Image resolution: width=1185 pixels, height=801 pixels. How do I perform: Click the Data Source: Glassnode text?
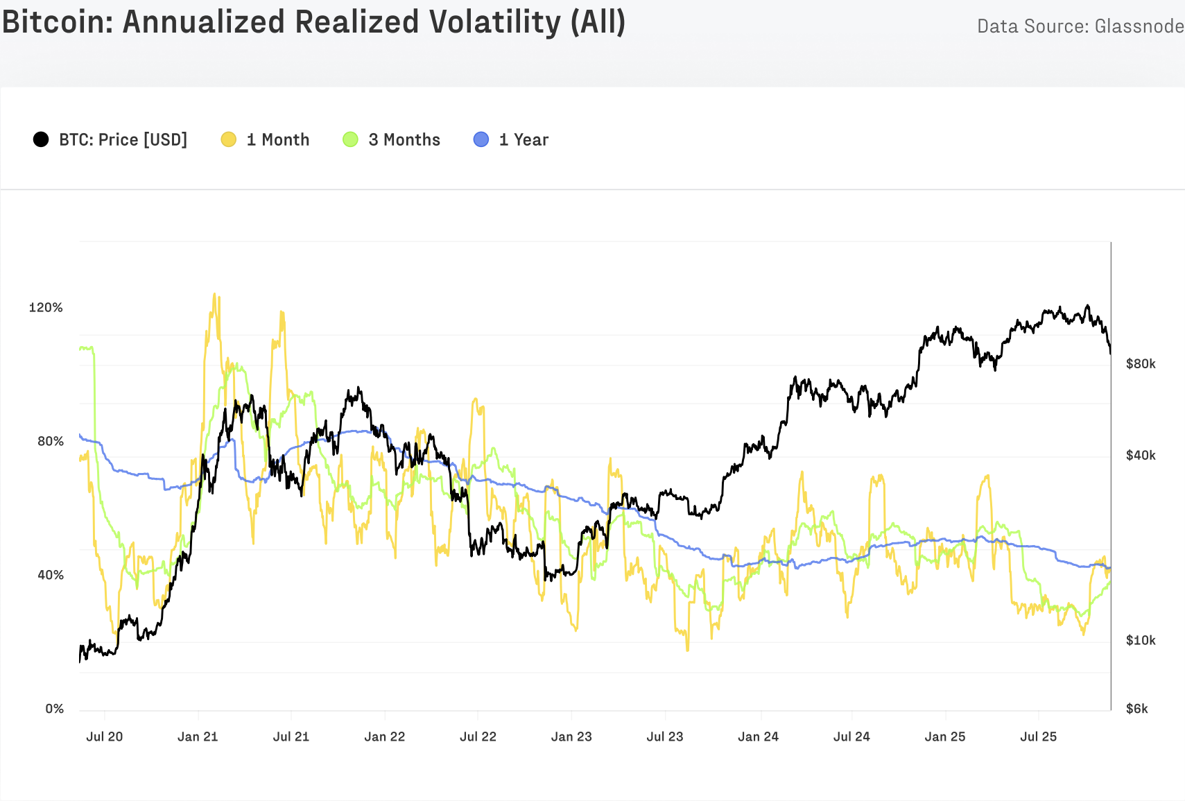click(x=1080, y=26)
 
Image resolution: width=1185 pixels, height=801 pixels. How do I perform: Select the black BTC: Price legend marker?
click(x=41, y=139)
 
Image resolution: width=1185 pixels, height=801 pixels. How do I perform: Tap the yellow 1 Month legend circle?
click(x=229, y=139)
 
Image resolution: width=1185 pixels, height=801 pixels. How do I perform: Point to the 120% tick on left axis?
click(x=46, y=307)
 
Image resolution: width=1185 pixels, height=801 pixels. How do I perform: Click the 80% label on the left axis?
click(x=50, y=441)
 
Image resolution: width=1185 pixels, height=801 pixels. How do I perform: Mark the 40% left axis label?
click(x=50, y=575)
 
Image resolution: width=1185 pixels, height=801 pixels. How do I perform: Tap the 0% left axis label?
click(x=54, y=709)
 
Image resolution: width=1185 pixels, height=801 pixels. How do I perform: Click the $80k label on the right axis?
click(x=1141, y=363)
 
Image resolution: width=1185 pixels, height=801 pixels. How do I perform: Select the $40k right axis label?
click(x=1141, y=455)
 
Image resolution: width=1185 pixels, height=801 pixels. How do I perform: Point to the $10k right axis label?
click(x=1141, y=640)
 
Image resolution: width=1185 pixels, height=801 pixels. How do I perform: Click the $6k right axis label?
click(x=1137, y=709)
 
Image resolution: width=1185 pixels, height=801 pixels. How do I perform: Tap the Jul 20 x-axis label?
click(x=104, y=737)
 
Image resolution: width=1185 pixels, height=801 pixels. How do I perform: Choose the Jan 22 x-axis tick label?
click(x=385, y=737)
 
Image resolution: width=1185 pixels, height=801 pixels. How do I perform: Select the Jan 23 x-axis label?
click(x=571, y=737)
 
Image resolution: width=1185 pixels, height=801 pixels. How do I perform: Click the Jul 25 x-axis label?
click(x=1038, y=737)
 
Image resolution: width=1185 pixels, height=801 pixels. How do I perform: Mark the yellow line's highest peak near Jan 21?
click(x=214, y=294)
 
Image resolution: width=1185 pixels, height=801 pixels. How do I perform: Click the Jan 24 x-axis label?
click(x=758, y=737)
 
